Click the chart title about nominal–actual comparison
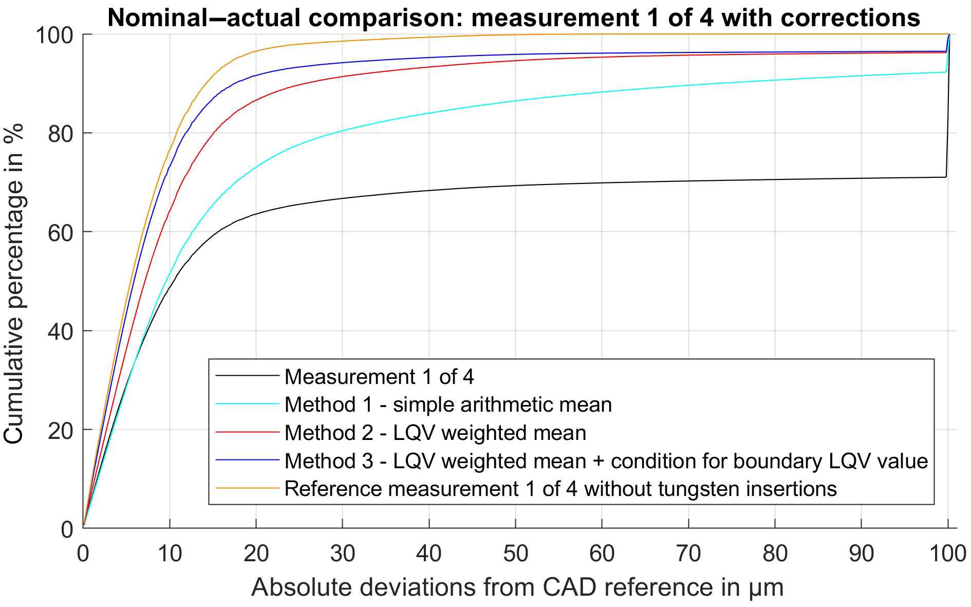[x=514, y=17]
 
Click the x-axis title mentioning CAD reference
[x=517, y=587]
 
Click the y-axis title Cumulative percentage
[x=14, y=283]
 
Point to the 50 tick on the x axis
[x=515, y=553]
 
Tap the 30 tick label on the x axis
[x=343, y=553]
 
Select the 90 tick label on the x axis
[x=861, y=553]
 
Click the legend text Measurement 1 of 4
[x=379, y=377]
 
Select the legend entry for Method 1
[x=448, y=404]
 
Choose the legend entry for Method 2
[x=435, y=433]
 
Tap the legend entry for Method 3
[x=606, y=461]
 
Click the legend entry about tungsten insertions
[x=561, y=488]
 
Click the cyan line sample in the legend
[x=247, y=404]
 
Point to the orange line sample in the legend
[x=247, y=488]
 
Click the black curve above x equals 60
[x=602, y=183]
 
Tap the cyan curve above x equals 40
[x=429, y=113]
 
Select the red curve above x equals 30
[x=343, y=77]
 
